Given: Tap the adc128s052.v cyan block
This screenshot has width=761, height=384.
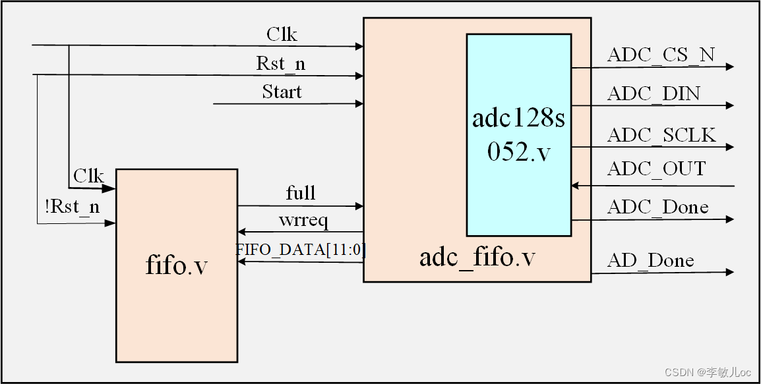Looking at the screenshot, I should pyautogui.click(x=518, y=134).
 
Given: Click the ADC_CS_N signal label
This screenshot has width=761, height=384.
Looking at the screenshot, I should pyautogui.click(x=661, y=55).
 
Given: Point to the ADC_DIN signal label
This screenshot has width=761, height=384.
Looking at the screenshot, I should pyautogui.click(x=654, y=94).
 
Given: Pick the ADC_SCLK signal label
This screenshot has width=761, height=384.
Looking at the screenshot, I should pyautogui.click(x=661, y=135).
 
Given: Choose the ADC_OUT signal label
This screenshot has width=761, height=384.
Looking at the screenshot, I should pyautogui.click(x=656, y=169).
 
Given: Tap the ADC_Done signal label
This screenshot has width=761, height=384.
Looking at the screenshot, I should pyautogui.click(x=657, y=207).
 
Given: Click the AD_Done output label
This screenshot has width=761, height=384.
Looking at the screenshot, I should pyautogui.click(x=650, y=261).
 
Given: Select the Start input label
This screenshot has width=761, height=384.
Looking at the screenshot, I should pyautogui.click(x=282, y=92).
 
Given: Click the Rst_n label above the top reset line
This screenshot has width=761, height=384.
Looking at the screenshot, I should pyautogui.click(x=281, y=65).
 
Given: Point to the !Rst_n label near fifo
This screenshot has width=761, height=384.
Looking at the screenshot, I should pyautogui.click(x=73, y=207).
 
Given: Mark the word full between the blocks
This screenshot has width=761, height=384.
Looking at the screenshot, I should pyautogui.click(x=301, y=194).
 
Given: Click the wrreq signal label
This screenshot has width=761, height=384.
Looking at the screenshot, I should pyautogui.click(x=303, y=220).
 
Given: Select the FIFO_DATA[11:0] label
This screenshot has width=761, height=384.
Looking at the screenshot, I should pyautogui.click(x=301, y=250).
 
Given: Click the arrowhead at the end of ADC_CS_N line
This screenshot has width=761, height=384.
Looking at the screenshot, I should pyautogui.click(x=729, y=67).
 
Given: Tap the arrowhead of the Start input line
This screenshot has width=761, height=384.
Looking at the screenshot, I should pyautogui.click(x=359, y=103).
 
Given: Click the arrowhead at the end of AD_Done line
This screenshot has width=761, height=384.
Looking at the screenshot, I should pyautogui.click(x=729, y=272).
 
